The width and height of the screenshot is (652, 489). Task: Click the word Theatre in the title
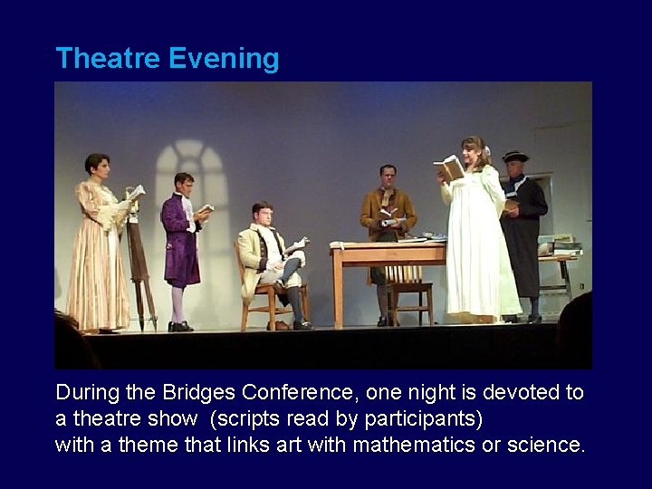[x=108, y=59]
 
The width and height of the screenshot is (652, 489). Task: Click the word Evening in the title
[x=224, y=59]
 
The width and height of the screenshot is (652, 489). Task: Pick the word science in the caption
[x=546, y=445]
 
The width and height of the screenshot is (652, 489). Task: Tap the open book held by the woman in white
[x=448, y=168]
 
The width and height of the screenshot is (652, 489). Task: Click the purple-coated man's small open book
[x=206, y=209]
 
